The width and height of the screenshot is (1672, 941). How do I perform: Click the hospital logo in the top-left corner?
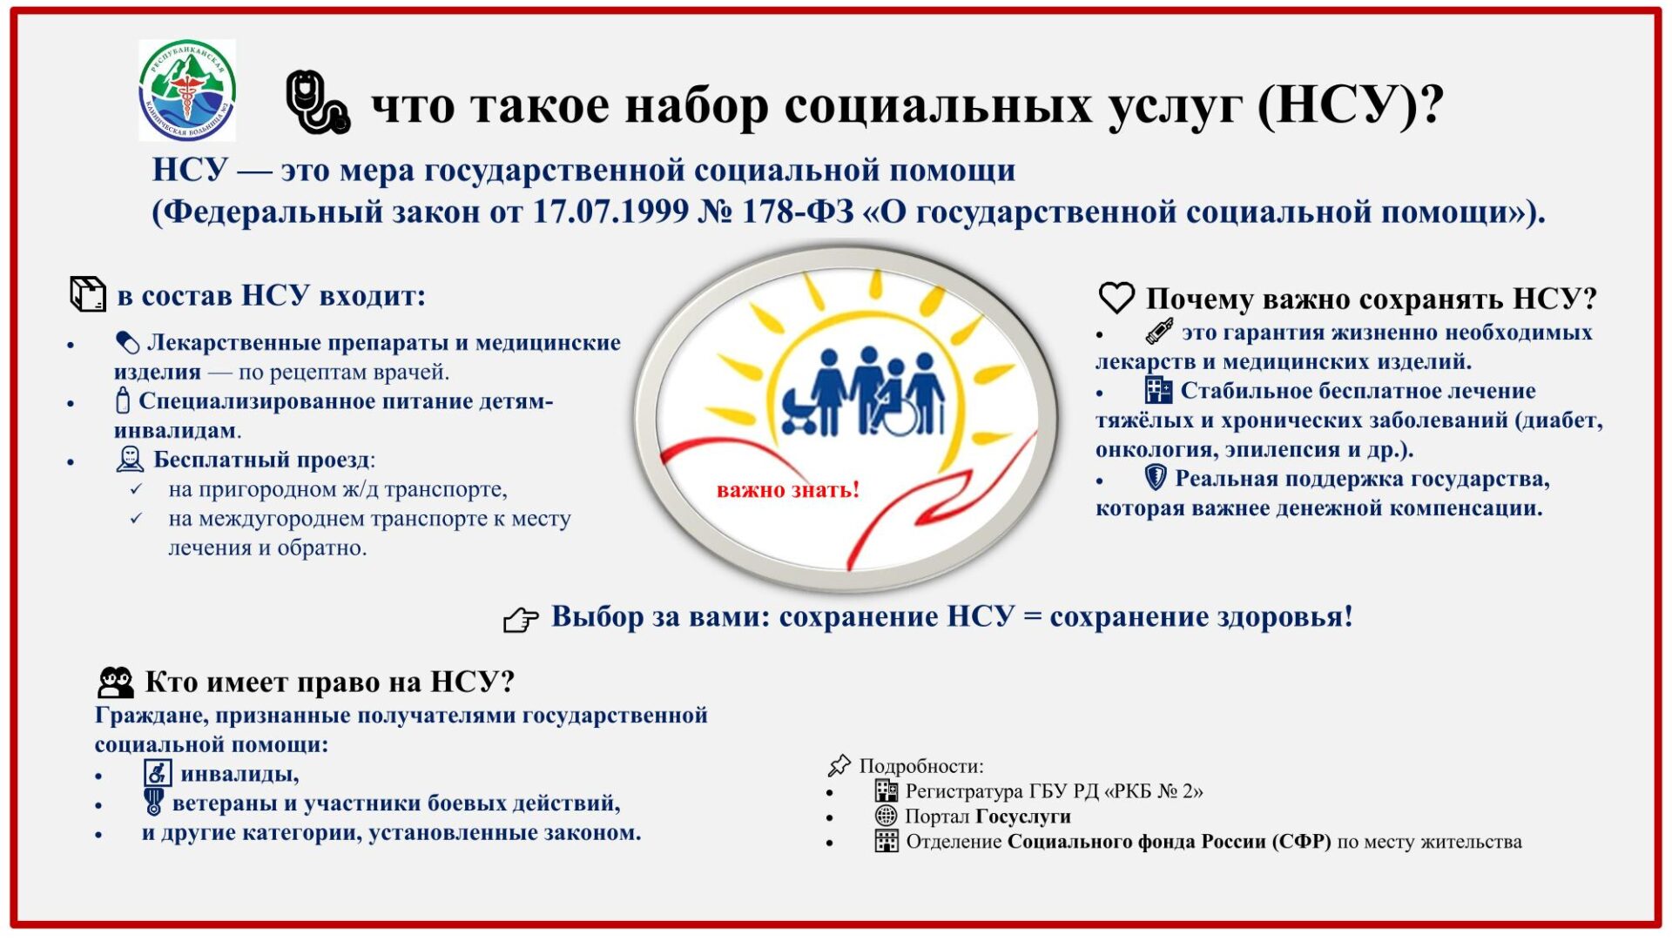[x=187, y=91]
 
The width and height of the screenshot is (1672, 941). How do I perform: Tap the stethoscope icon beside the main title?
[x=318, y=103]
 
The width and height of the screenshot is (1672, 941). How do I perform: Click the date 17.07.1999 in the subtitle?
[x=610, y=212]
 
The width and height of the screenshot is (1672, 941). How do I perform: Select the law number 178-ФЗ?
[x=798, y=212]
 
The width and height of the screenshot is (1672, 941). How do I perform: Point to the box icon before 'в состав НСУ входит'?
[x=87, y=294]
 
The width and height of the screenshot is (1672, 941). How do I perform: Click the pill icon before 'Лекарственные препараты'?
[x=127, y=343]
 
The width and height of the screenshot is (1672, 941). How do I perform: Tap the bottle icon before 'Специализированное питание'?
[x=123, y=400]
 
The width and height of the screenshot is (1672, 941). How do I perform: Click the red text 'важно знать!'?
[x=788, y=490]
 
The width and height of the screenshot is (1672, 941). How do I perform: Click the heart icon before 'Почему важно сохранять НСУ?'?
[x=1116, y=298]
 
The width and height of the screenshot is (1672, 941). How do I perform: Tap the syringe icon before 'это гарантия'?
[x=1159, y=332]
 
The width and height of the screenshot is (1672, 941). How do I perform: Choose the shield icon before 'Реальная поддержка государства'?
[x=1155, y=478]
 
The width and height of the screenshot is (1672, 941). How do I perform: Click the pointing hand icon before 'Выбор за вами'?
[x=521, y=620]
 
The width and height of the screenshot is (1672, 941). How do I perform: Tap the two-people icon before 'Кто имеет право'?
[x=116, y=682]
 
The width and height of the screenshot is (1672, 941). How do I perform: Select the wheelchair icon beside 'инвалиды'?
[x=158, y=773]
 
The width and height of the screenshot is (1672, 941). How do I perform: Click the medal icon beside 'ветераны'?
[x=154, y=802]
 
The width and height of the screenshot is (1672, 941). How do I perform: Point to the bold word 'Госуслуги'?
[x=1023, y=817]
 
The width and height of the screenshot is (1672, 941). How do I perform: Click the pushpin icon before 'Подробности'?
[x=839, y=766]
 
